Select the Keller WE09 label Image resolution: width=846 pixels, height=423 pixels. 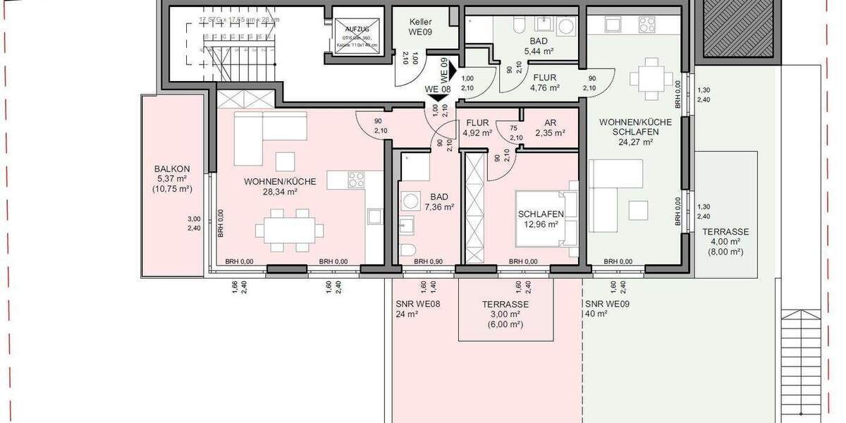[420, 27]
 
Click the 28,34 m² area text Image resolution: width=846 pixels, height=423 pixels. [280, 191]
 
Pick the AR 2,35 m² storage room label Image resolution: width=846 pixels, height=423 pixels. [550, 127]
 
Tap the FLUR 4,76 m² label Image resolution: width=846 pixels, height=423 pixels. [546, 83]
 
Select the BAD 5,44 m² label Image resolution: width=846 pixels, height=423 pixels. [541, 46]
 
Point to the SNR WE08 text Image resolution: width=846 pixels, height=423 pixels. [418, 305]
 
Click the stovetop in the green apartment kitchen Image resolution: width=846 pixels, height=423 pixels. [648, 24]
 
